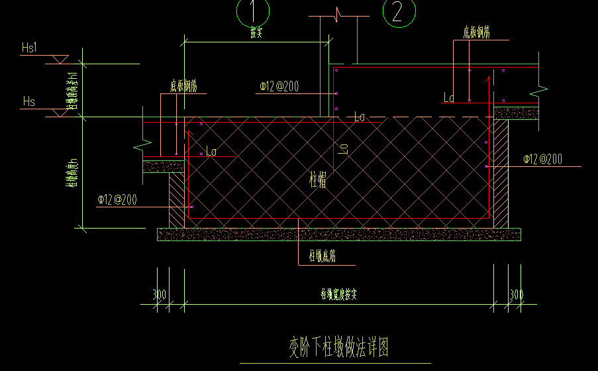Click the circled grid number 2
tap(398, 11)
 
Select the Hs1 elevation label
tap(30, 48)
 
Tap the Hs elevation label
tap(28, 101)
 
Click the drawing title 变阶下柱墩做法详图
tap(338, 346)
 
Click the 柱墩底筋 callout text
tap(322, 256)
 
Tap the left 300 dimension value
tap(160, 295)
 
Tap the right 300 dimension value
tap(517, 295)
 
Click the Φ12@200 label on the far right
tap(542, 159)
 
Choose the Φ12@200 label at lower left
tap(117, 199)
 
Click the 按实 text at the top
tap(257, 34)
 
